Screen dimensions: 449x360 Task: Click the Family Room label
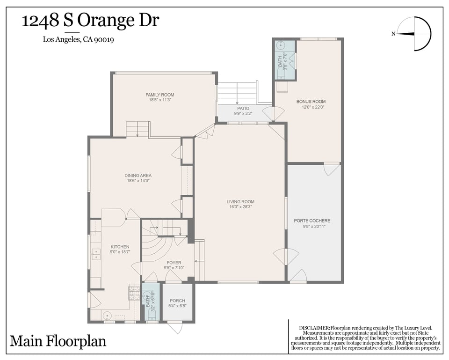click(160, 95)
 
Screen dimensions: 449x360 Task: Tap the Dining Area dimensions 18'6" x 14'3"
click(138, 181)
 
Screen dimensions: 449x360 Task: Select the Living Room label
click(240, 201)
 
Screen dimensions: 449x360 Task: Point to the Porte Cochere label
click(312, 220)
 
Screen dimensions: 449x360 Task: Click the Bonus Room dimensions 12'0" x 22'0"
click(311, 107)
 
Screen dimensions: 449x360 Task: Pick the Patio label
click(243, 108)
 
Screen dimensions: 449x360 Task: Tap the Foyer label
click(174, 263)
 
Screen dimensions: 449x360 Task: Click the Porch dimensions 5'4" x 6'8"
click(178, 306)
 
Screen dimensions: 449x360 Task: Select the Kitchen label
click(120, 247)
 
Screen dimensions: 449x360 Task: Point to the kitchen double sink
click(96, 254)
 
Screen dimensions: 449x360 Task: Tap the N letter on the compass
click(393, 34)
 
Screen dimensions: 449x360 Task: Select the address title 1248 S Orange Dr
click(90, 21)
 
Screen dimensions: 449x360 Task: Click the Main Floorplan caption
click(58, 341)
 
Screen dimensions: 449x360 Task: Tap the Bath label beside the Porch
click(148, 302)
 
